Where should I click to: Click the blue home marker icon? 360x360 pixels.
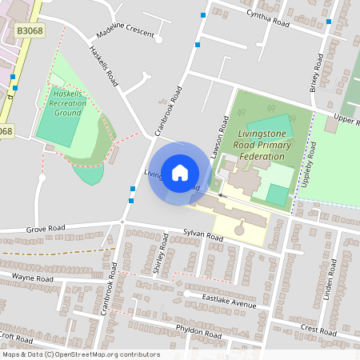pos(179,172)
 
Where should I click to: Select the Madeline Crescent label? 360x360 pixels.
pos(123,31)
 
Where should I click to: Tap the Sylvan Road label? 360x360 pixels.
pos(202,235)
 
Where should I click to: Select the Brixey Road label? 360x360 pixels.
pos(318,71)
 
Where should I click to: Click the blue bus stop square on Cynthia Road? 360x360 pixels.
pos(204,14)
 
